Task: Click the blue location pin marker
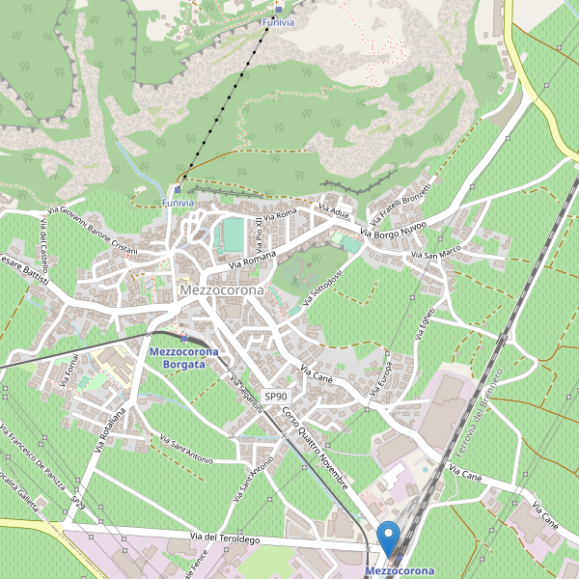click(x=389, y=538)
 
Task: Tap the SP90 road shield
click(x=277, y=396)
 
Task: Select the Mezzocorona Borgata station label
click(x=183, y=358)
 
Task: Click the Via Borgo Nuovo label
click(x=393, y=227)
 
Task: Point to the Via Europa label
click(x=381, y=373)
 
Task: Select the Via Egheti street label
click(x=426, y=317)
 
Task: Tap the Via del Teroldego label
click(x=225, y=538)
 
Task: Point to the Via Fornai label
click(x=70, y=369)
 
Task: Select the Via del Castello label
click(x=44, y=244)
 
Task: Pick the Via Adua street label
click(x=339, y=210)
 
